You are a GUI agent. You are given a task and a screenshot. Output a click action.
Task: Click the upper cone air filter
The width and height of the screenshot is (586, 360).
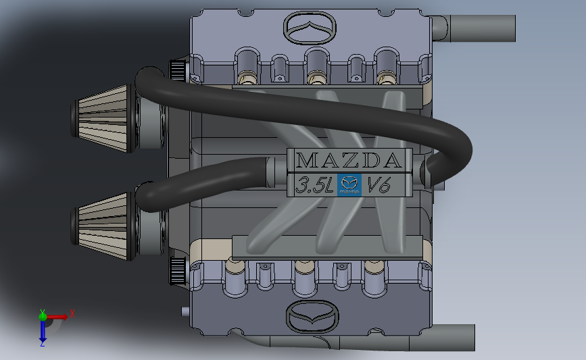[101, 117]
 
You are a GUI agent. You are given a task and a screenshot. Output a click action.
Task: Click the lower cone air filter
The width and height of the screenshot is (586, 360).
[101, 226]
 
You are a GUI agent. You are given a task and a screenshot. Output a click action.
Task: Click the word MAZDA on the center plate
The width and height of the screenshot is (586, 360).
[348, 160]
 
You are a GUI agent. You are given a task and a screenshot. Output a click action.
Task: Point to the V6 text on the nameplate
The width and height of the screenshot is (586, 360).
[380, 184]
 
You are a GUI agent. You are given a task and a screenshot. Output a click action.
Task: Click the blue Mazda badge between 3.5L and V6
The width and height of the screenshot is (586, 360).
[349, 184]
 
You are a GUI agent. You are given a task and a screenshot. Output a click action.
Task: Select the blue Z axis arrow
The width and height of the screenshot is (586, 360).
[42, 332]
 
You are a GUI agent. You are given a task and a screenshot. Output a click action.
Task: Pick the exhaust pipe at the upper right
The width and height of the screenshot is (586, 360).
[480, 28]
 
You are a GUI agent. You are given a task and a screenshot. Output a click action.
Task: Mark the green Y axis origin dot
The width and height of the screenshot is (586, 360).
[42, 315]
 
